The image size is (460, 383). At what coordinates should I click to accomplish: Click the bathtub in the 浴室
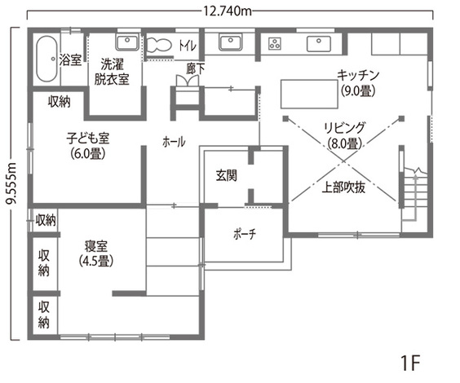[x=46, y=59]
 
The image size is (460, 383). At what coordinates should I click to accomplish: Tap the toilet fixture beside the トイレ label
[x=159, y=46]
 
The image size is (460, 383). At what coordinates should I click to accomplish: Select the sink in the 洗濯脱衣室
[x=127, y=43]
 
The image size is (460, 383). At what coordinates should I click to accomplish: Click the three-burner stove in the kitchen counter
[x=275, y=44]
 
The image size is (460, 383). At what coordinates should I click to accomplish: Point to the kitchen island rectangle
[x=309, y=94]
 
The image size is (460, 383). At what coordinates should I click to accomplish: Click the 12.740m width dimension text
[x=228, y=11]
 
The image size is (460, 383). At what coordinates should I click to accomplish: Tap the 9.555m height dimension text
[x=11, y=184]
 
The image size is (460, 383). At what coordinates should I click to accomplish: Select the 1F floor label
[x=410, y=363]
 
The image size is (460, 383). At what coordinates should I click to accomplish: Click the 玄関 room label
[x=226, y=175]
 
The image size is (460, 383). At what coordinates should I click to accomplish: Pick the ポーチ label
[x=245, y=234]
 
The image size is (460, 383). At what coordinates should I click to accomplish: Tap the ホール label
[x=174, y=142]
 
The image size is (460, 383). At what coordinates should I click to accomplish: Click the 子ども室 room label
[x=88, y=138]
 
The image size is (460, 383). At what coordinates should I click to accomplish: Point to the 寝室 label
[x=96, y=246]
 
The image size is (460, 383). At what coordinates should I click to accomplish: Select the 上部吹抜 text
[x=343, y=187]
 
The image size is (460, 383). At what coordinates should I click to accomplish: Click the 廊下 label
[x=196, y=69]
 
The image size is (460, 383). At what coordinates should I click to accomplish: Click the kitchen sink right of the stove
[x=319, y=44]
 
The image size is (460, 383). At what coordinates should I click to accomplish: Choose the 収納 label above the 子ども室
[x=60, y=102]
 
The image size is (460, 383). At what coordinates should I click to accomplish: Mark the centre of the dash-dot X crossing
[x=344, y=161]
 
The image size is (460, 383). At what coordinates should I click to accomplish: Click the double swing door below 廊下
[x=188, y=81]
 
